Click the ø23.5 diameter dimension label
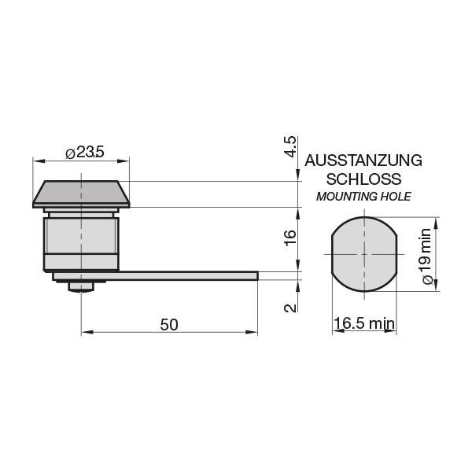tap(85, 152)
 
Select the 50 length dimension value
tap(169, 324)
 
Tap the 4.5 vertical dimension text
tap(291, 146)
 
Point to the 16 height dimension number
tap(291, 238)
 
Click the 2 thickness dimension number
tap(291, 308)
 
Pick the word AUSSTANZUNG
tap(363, 160)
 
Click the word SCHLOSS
tap(363, 179)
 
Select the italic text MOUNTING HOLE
tap(363, 197)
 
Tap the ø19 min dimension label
tap(427, 256)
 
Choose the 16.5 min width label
tap(364, 323)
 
